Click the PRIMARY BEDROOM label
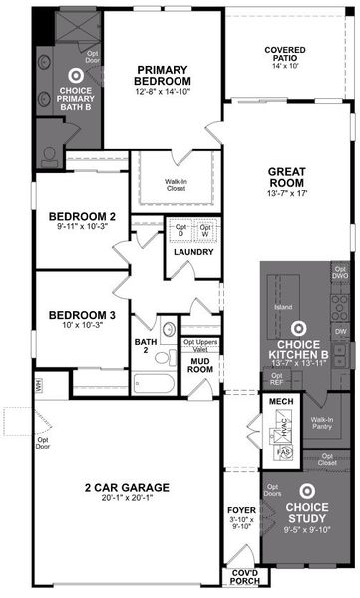point(165,75)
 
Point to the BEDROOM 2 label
point(83,216)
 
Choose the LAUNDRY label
point(193,252)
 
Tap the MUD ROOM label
point(201,365)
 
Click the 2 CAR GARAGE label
point(126,487)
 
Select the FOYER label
point(242,510)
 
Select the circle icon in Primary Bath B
point(75,75)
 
